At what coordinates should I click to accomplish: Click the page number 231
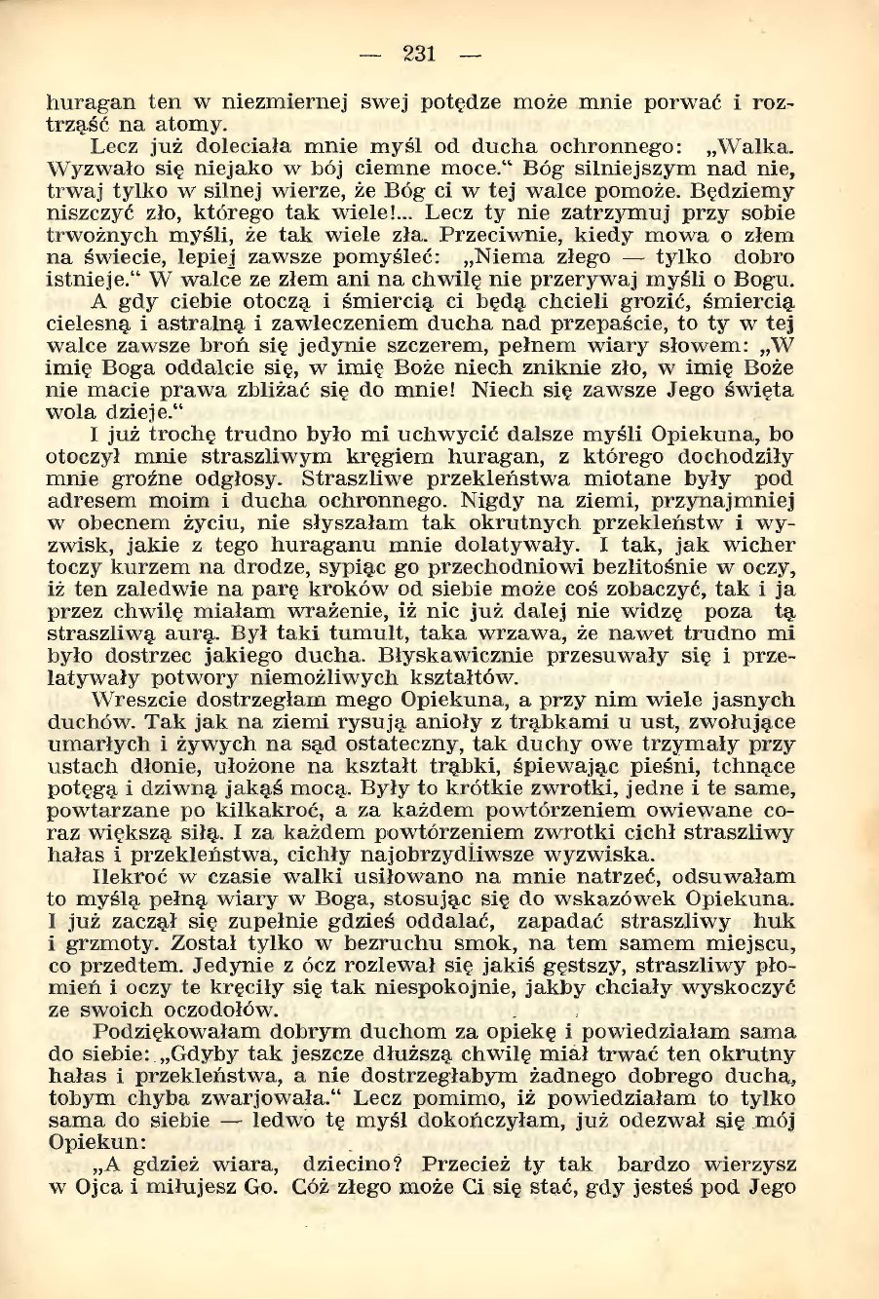click(x=419, y=55)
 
